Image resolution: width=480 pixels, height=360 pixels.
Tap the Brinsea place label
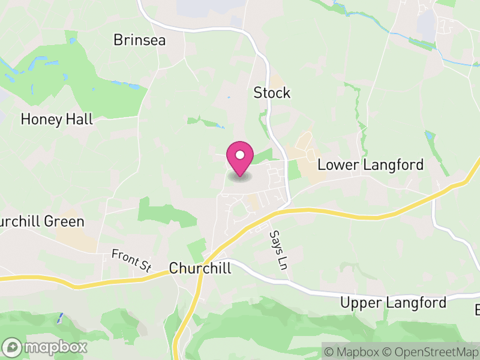click(x=139, y=40)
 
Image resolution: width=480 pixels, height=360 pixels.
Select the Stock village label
click(x=272, y=93)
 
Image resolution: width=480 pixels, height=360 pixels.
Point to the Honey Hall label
click(x=57, y=119)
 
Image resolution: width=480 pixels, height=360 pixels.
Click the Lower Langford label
click(x=370, y=165)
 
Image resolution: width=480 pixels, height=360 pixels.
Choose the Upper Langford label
click(x=393, y=302)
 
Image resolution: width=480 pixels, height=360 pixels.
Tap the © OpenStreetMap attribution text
click(x=432, y=352)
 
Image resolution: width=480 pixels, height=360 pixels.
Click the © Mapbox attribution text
click(x=352, y=352)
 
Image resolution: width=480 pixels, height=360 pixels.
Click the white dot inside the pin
click(x=240, y=155)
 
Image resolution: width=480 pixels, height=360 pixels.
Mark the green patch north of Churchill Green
click(x=159, y=212)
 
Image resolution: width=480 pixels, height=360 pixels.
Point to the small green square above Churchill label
click(x=197, y=248)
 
